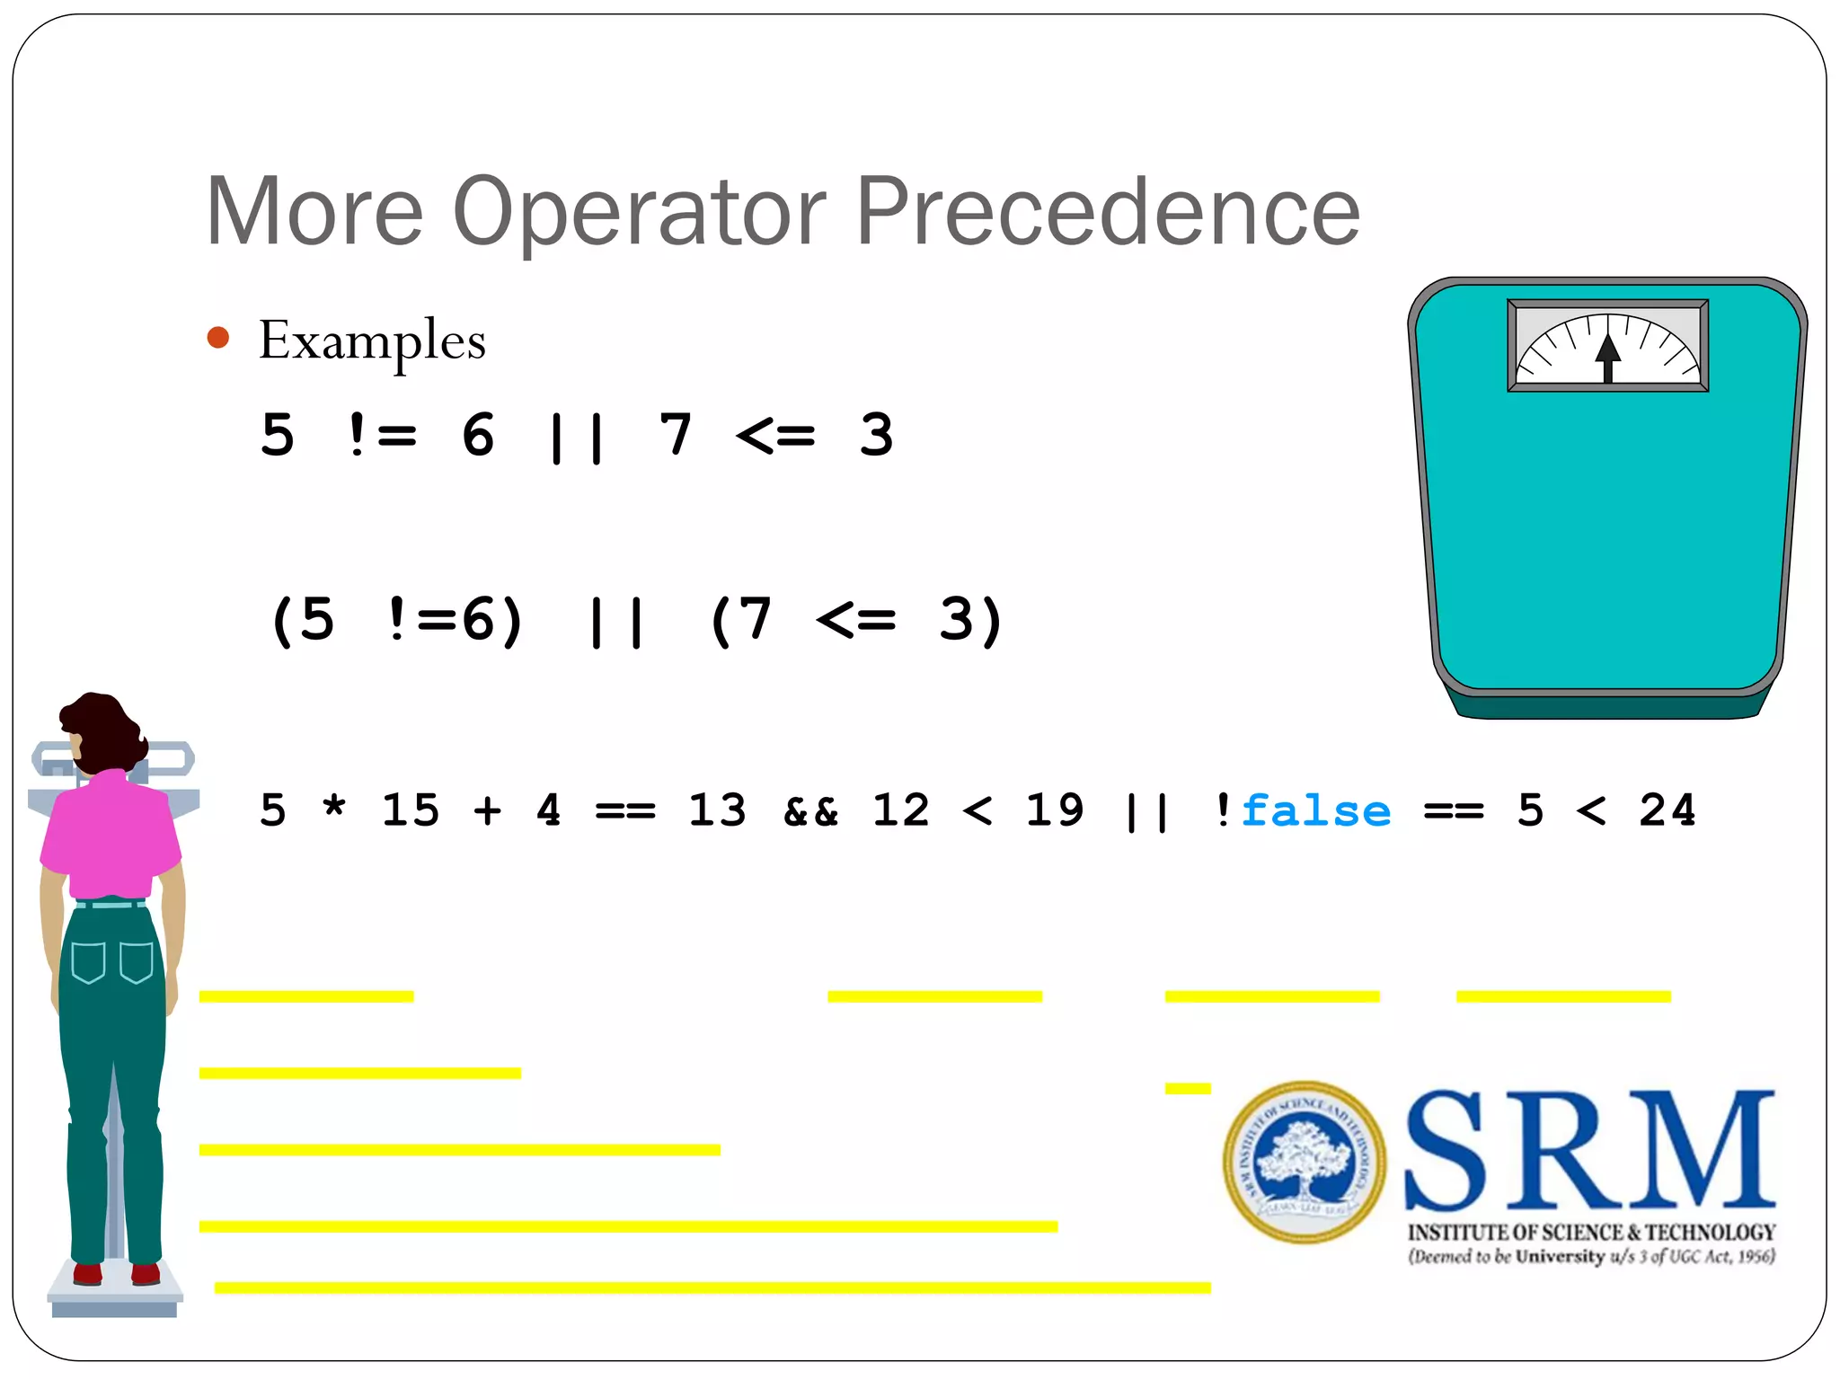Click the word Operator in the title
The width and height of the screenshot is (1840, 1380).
point(640,212)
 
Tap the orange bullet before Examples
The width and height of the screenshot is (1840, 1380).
point(218,338)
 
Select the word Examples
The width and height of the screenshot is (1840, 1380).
point(372,341)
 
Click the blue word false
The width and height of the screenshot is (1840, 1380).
point(1315,811)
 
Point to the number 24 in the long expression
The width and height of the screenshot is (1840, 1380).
point(1667,811)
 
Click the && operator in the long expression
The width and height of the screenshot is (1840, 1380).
point(810,811)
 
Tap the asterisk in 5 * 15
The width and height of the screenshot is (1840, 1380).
point(334,808)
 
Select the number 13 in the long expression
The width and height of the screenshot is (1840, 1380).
point(717,811)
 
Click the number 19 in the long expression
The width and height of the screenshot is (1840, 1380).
point(1054,811)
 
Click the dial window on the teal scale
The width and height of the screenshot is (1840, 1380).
point(1607,346)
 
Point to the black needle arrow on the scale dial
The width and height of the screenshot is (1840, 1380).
point(1607,355)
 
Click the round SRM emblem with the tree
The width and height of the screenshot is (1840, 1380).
point(1304,1162)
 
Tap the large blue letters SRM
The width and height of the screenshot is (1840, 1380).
point(1588,1152)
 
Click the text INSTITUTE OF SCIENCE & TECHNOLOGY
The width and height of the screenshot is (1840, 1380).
point(1591,1233)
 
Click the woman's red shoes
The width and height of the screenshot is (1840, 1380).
point(116,1274)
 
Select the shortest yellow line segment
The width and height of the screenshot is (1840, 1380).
point(1187,1089)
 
